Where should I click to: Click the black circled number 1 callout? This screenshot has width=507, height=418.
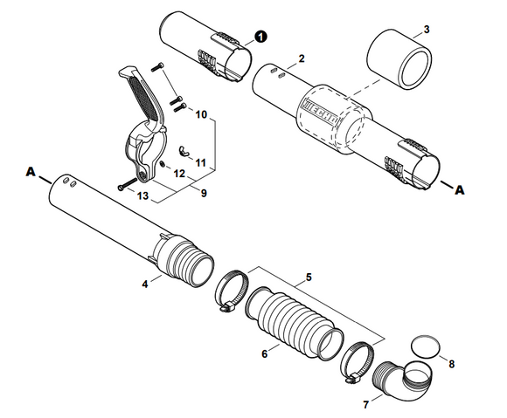260,38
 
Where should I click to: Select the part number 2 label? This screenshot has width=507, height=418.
302,58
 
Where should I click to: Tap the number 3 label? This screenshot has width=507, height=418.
426,30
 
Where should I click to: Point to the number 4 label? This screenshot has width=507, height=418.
145,283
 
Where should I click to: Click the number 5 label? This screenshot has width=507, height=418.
308,278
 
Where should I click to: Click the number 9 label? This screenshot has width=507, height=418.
204,191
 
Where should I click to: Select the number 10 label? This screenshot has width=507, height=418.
200,114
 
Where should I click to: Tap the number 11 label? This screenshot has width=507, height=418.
201,162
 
